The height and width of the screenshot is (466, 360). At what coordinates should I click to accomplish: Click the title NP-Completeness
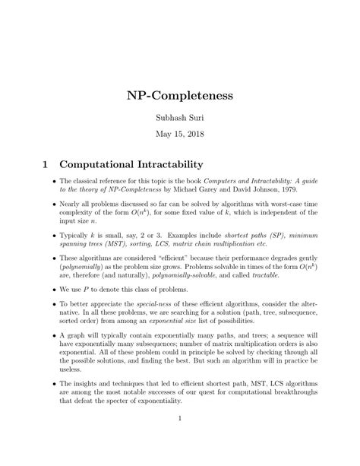pos(179,97)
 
